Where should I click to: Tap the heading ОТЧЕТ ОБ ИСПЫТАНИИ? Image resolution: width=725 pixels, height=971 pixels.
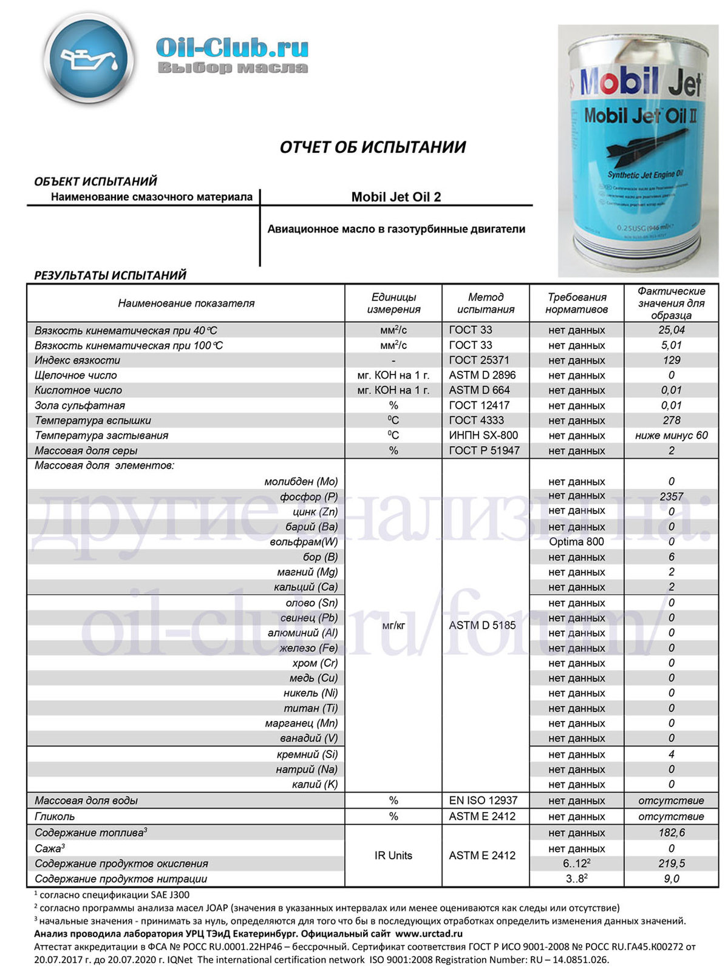coord(372,147)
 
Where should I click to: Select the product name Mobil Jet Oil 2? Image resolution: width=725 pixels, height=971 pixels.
coord(396,197)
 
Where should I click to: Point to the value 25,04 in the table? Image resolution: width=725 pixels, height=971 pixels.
coord(671,330)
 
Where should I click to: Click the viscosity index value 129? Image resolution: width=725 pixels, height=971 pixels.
coord(671,360)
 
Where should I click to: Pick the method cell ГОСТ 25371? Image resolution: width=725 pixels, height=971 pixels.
coord(479,360)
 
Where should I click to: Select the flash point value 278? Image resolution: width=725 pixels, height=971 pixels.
coord(671,420)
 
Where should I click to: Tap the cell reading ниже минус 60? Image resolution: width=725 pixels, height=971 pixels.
coord(671,435)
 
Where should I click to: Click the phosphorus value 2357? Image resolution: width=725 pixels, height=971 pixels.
coord(671,496)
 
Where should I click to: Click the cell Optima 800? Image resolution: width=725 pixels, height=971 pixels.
coord(576,541)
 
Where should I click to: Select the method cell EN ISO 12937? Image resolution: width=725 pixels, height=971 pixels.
coord(483,800)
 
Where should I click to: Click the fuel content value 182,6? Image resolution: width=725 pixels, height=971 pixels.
coord(671,833)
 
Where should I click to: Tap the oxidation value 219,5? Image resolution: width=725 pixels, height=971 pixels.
coord(671,864)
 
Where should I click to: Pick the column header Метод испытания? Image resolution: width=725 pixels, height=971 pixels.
coord(485,303)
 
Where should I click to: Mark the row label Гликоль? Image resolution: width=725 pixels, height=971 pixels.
coord(55,816)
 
